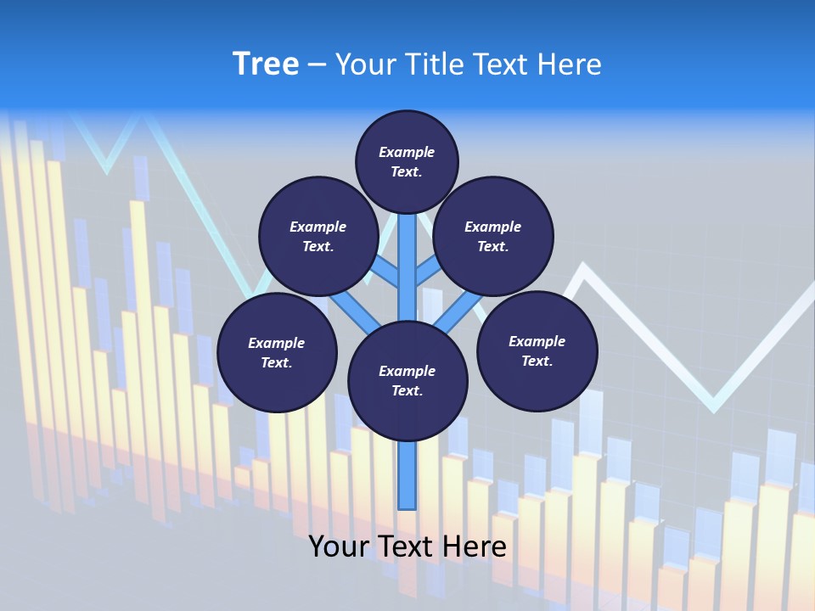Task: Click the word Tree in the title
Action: click(266, 64)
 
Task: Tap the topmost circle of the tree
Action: click(407, 161)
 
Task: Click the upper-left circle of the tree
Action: click(318, 236)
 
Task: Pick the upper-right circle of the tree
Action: click(493, 236)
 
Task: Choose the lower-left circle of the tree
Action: click(277, 352)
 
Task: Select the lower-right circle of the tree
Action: click(537, 350)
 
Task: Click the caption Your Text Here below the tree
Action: click(407, 547)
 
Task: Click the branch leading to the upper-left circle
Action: click(386, 272)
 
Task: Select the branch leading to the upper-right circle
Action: click(428, 272)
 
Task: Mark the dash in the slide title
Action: click(317, 64)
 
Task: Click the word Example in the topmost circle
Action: click(407, 152)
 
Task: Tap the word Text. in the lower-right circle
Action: click(537, 361)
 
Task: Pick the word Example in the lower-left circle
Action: click(277, 343)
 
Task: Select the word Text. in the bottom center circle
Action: click(407, 390)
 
